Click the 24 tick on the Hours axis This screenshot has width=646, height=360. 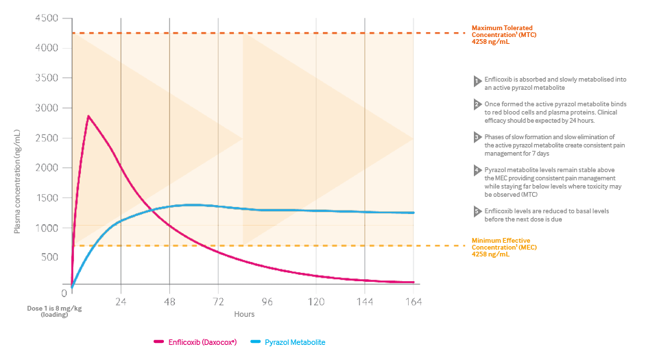click(121, 301)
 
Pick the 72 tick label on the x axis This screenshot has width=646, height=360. click(219, 301)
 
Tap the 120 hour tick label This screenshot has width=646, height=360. click(316, 301)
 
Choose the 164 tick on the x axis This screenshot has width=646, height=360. click(413, 301)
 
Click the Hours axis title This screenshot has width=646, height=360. click(243, 314)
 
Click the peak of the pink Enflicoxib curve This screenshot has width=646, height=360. click(88, 116)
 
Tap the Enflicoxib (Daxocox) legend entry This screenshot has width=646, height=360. click(196, 341)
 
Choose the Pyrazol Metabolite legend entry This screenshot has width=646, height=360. click(288, 341)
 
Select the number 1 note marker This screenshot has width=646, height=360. click(477, 81)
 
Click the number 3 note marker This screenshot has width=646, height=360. click(477, 137)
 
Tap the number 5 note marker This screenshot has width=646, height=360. click(477, 211)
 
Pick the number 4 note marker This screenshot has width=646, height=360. click(477, 169)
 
